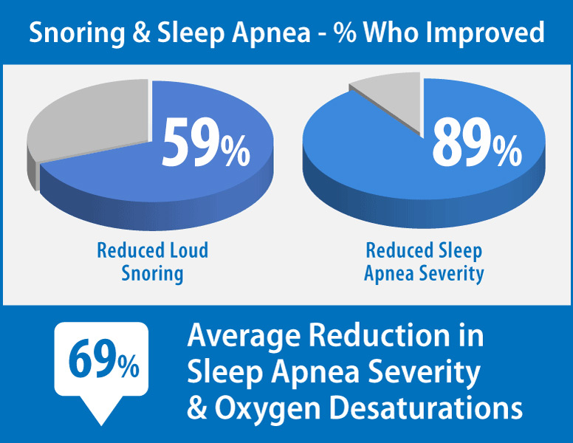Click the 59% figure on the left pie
pyautogui.click(x=206, y=143)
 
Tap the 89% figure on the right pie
pyautogui.click(x=477, y=143)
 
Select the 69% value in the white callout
pyautogui.click(x=104, y=359)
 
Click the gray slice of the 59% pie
pyautogui.click(x=92, y=124)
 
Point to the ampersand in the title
pyautogui.click(x=141, y=32)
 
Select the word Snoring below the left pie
pyautogui.click(x=152, y=274)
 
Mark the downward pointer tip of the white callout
pyautogui.click(x=101, y=425)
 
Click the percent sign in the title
pyautogui.click(x=345, y=32)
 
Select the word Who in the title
pyautogui.click(x=391, y=32)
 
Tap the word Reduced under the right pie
pyautogui.click(x=399, y=250)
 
